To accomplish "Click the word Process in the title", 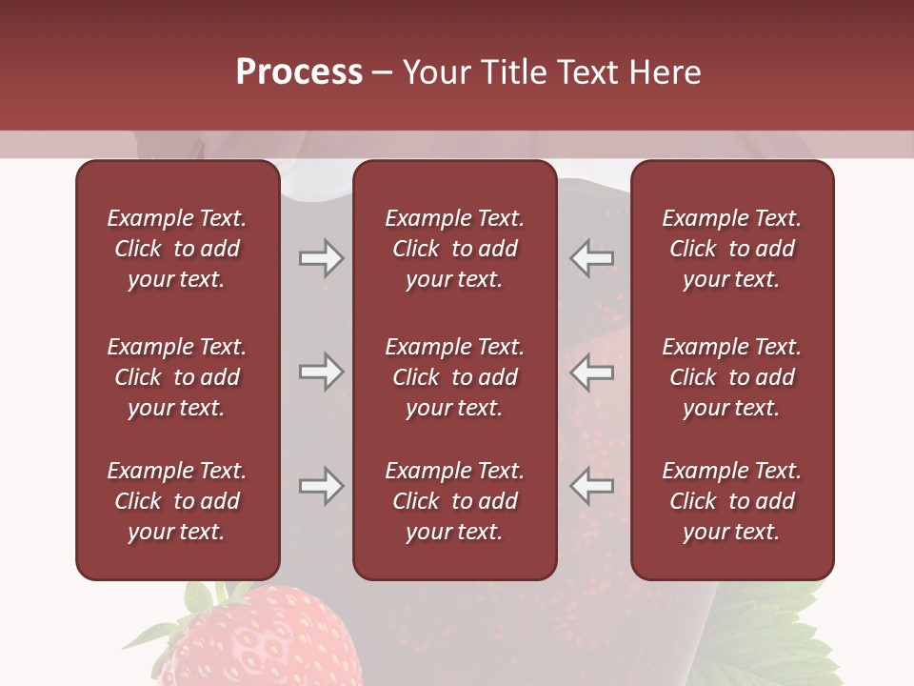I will pos(299,72).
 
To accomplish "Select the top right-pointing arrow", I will pos(321,258).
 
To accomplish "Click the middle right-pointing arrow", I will pos(321,372).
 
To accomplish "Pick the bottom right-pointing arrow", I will pos(321,486).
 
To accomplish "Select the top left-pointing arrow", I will pos(592,258).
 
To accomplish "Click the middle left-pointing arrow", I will pos(592,372).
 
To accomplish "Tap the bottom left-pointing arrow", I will pos(592,486).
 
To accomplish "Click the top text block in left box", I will pos(177,249).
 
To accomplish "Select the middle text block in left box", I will pos(177,377).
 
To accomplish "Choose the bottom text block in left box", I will pos(177,501).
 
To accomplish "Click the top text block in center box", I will pos(454,249).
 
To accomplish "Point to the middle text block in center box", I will pos(454,377).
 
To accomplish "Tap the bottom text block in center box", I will pos(454,501).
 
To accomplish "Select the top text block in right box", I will pos(731,249).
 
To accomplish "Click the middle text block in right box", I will pos(731,377).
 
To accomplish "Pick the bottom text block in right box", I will pos(731,501).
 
